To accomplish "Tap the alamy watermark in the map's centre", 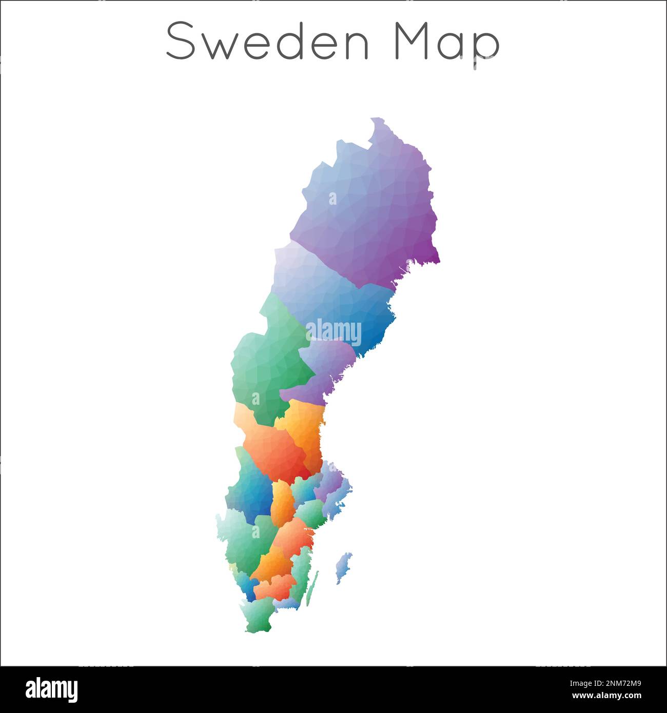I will pyautogui.click(x=333, y=332).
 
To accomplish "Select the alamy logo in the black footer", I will pyautogui.click(x=51, y=690).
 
